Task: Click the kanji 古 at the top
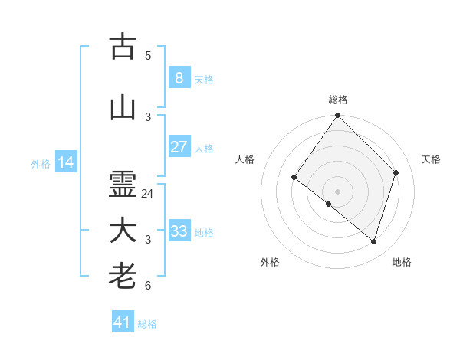click(123, 47)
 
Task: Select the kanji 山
click(123, 108)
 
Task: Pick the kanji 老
click(123, 277)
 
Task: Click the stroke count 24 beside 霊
click(148, 194)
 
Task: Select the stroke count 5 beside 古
click(148, 56)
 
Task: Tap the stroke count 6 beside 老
click(148, 286)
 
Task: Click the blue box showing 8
click(179, 77)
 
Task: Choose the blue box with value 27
click(179, 146)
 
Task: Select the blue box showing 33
click(179, 231)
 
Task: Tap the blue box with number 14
click(65, 162)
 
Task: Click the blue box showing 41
click(122, 322)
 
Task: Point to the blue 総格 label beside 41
click(147, 324)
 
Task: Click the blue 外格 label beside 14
click(41, 164)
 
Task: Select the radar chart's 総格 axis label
click(337, 100)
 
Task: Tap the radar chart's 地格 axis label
click(402, 262)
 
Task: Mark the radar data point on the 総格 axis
click(337, 116)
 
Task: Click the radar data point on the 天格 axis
click(396, 172)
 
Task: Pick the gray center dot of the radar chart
click(337, 191)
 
